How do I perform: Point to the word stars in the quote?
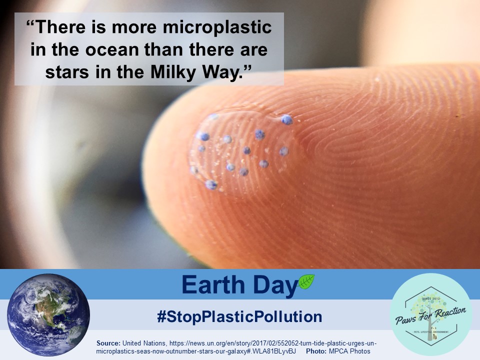(x=66, y=73)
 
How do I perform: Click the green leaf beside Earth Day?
(x=306, y=282)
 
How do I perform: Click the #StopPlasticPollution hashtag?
(x=239, y=316)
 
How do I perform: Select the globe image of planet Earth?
(x=48, y=314)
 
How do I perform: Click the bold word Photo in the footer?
(x=317, y=351)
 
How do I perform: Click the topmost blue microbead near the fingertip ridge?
(x=286, y=119)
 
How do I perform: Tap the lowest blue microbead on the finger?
(x=211, y=185)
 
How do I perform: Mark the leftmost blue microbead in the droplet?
(x=194, y=170)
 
